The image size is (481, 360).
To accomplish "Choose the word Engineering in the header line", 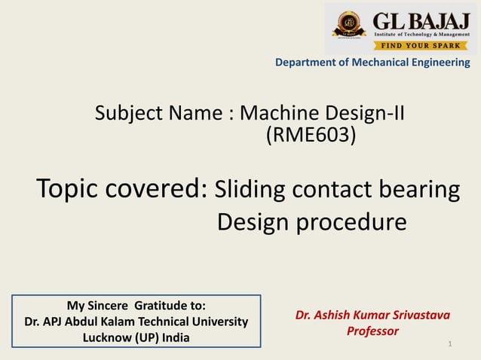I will coord(439,63).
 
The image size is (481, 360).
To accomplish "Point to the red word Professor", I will coord(372,331).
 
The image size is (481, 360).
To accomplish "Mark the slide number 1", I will coord(449,344).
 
